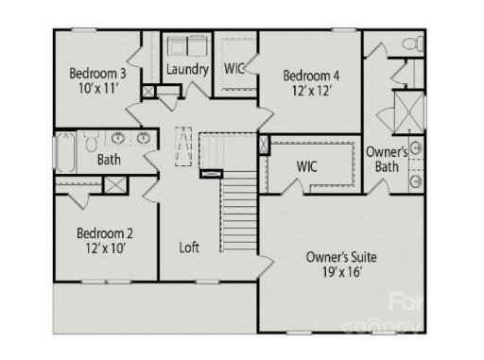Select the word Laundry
point(186,69)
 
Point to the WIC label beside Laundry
point(234,68)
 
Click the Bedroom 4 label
point(311,76)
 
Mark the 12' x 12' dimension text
point(311,92)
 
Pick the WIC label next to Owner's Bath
point(306,166)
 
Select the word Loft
point(190,248)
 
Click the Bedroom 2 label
point(104,233)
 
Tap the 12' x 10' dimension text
point(104,249)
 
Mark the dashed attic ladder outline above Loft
point(186,147)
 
